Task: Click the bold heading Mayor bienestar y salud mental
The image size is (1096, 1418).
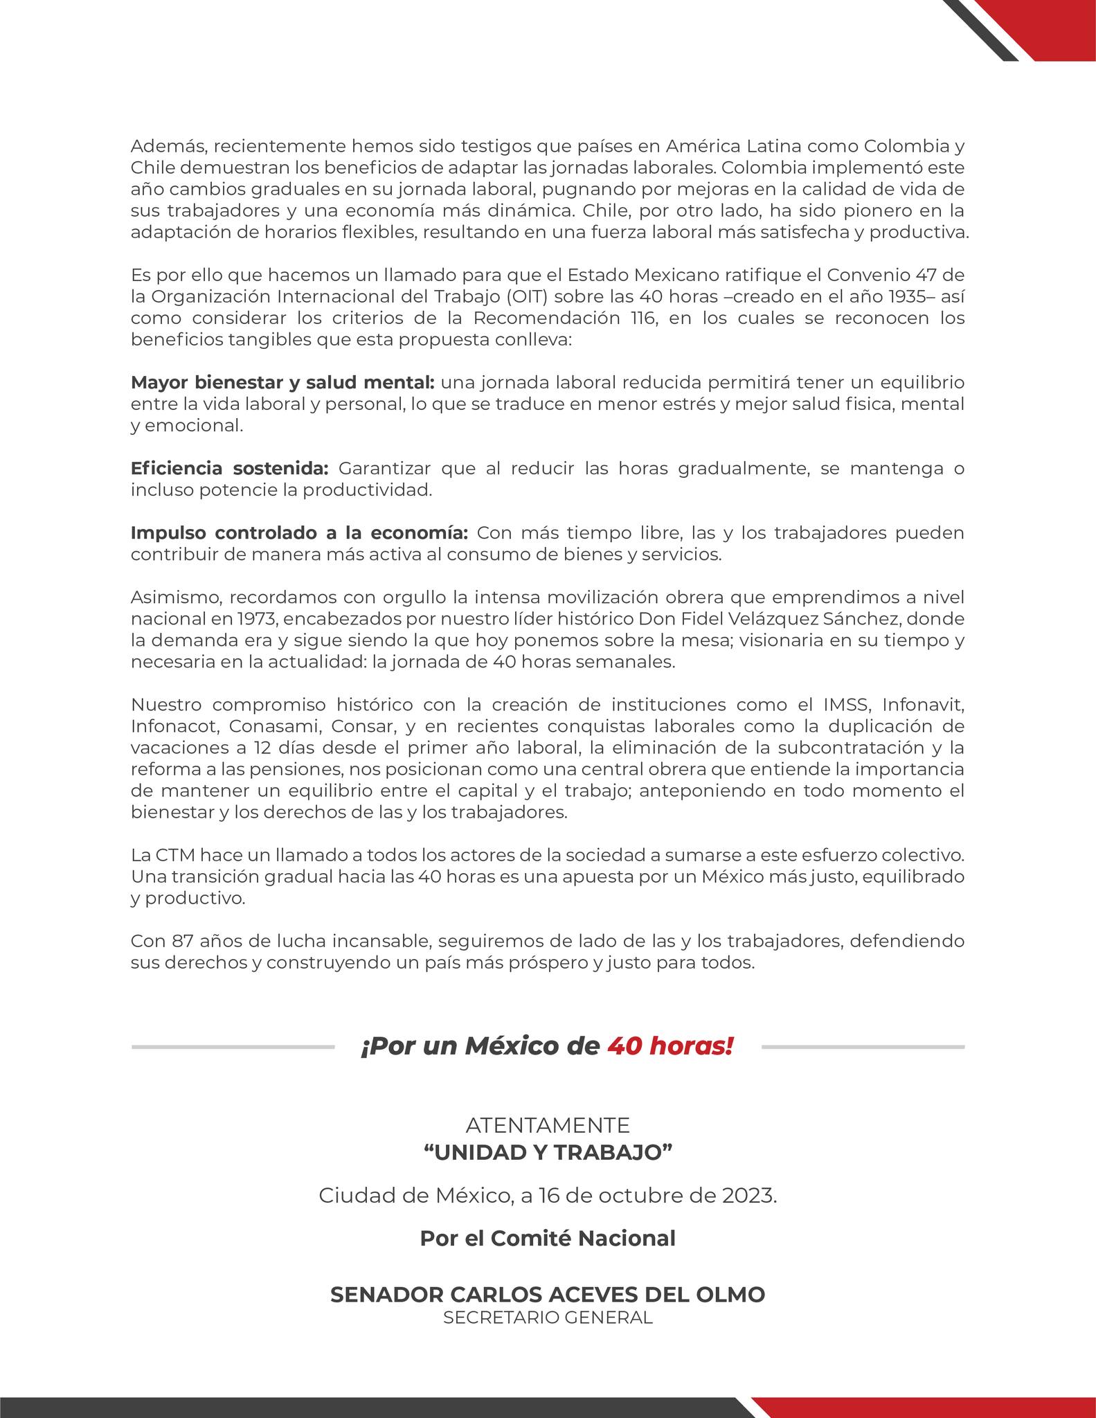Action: click(x=282, y=383)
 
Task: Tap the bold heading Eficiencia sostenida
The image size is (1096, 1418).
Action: click(x=229, y=469)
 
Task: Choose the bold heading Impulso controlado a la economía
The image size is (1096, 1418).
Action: click(x=300, y=533)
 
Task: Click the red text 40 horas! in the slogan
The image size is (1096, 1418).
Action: click(x=670, y=1046)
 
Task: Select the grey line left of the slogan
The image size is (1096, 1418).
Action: click(x=233, y=1047)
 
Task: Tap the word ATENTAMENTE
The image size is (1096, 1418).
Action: click(x=548, y=1125)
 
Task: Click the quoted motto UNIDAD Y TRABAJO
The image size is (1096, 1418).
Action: click(x=548, y=1152)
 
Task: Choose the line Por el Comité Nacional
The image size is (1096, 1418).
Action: click(x=548, y=1239)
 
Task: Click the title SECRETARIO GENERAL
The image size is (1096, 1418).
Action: click(x=548, y=1317)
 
